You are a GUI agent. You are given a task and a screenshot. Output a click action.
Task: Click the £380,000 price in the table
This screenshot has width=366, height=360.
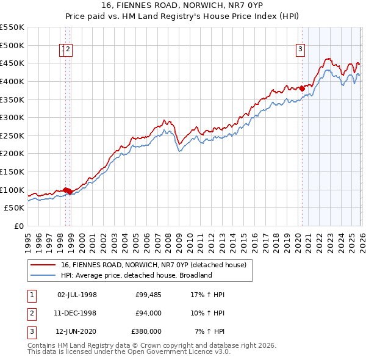(146, 331)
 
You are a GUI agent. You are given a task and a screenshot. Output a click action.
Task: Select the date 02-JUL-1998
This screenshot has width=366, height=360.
(77, 295)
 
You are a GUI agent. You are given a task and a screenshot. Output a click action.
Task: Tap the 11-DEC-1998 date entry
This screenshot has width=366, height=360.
(77, 313)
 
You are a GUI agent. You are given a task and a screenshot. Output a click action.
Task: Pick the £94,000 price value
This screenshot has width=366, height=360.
(148, 313)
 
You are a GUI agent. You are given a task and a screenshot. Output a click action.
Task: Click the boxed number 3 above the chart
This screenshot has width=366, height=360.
(301, 51)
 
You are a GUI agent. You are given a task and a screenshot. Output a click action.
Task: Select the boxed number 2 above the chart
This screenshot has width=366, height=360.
(68, 51)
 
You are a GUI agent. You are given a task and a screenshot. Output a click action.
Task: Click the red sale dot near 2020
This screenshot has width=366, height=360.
(302, 88)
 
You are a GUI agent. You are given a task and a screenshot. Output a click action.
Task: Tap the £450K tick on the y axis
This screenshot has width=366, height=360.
(12, 63)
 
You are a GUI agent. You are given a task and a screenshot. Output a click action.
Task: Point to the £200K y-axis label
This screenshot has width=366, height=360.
(12, 153)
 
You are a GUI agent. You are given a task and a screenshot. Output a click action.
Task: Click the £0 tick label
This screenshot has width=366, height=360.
(18, 226)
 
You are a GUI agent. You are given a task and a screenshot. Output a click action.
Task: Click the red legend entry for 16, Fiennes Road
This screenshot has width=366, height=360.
(152, 265)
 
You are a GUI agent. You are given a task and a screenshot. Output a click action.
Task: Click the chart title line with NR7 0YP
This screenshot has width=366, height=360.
(182, 7)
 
